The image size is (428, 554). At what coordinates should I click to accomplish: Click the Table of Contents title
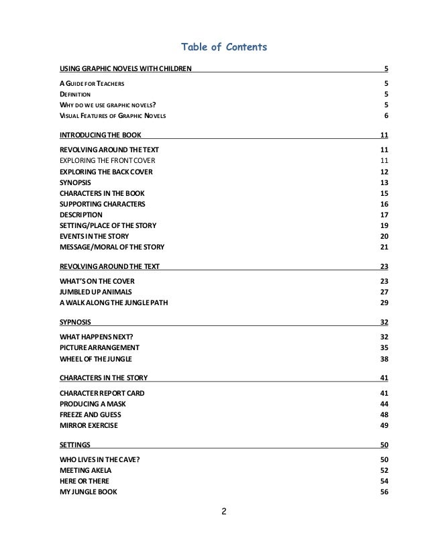225,47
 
